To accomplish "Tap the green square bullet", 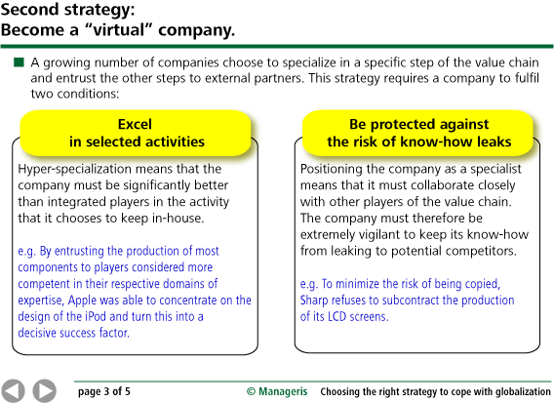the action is tap(19, 62).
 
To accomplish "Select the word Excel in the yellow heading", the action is tap(135, 124).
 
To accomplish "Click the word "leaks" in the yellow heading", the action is tap(494, 141).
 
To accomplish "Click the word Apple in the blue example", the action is tap(82, 301).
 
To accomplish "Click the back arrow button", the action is tap(13, 391).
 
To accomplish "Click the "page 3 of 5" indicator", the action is tap(104, 391).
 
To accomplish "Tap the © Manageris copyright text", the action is tap(277, 391).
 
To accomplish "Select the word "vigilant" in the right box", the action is tap(379, 235).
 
